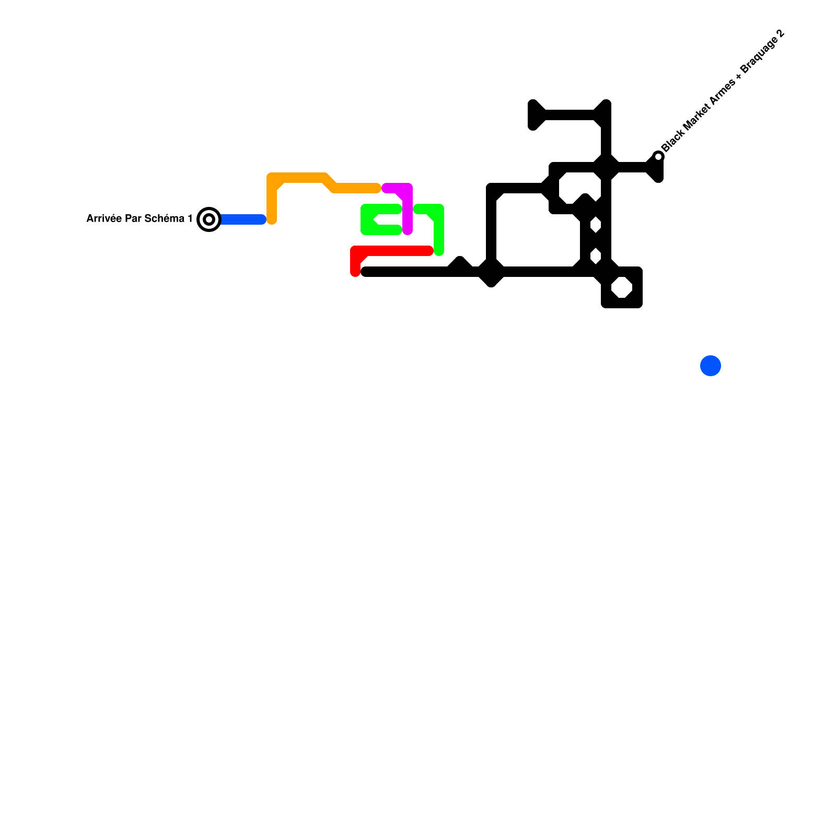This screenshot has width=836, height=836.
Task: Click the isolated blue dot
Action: [x=711, y=366]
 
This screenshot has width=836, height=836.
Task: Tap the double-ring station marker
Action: [x=209, y=219]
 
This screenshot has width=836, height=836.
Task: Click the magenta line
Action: [x=408, y=209]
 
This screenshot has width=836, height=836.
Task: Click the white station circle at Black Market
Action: [x=659, y=157]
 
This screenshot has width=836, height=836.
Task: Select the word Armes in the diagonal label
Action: [x=721, y=93]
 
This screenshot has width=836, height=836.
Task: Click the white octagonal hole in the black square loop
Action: [x=622, y=287]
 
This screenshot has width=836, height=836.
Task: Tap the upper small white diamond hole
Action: [x=596, y=225]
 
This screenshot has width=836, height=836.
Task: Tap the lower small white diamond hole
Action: [x=596, y=256]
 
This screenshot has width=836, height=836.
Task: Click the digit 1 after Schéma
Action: [x=190, y=218]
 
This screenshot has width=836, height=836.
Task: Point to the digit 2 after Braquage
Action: [x=781, y=34]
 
